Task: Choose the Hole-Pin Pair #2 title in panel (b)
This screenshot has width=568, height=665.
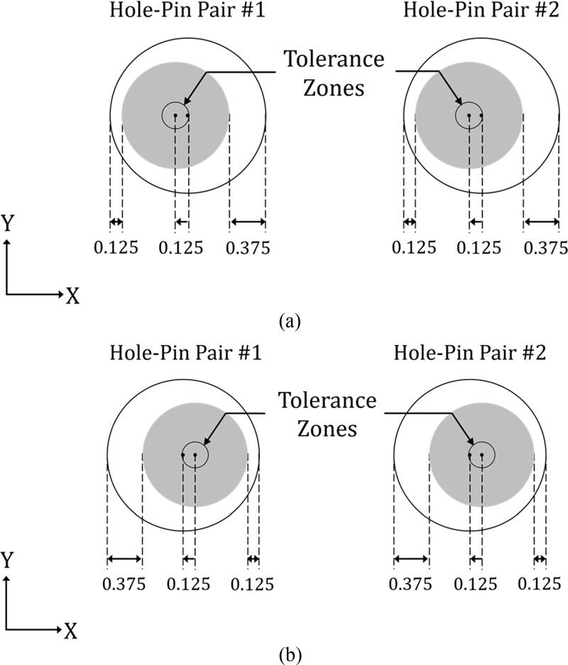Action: (x=469, y=353)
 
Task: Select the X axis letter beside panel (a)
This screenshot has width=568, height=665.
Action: (x=72, y=297)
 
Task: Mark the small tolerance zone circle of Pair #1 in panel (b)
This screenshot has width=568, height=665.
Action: (x=195, y=455)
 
